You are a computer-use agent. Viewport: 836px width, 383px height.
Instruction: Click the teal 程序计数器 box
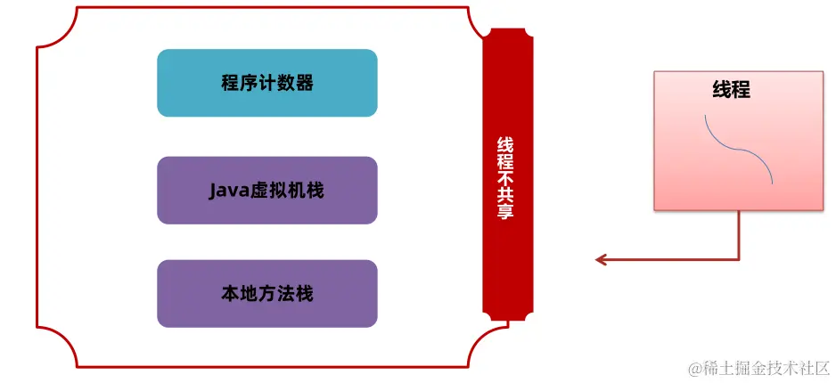click(x=266, y=83)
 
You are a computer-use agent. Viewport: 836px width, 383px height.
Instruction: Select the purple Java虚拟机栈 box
click(x=266, y=190)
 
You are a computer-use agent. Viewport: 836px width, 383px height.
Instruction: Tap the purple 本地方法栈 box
click(x=266, y=293)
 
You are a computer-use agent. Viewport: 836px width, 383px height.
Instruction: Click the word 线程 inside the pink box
click(x=731, y=90)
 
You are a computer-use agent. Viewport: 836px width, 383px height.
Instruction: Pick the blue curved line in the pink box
click(x=739, y=149)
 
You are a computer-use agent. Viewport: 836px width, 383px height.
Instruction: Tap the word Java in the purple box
click(x=226, y=190)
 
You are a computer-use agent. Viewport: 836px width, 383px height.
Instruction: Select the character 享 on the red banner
click(x=505, y=213)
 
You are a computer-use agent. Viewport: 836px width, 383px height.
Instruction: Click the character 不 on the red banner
click(x=505, y=177)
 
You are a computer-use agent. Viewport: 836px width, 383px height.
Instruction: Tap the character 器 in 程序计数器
click(x=305, y=84)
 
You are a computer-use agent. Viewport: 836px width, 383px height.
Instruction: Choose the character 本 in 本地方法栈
click(x=229, y=293)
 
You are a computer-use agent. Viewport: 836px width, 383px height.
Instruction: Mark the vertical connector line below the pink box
click(x=739, y=234)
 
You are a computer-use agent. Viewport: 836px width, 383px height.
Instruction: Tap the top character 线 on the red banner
click(x=505, y=144)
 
